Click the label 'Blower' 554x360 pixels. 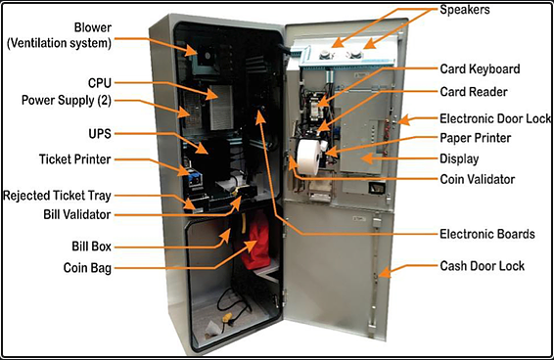[93, 27]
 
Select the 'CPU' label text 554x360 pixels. [100, 83]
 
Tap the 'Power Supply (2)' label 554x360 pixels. [67, 101]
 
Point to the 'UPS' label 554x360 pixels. [100, 134]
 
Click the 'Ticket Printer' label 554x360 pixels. [75, 159]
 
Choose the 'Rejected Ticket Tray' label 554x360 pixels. [57, 196]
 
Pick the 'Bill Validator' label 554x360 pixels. [77, 214]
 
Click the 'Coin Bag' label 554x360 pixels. [87, 268]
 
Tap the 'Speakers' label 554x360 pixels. [465, 10]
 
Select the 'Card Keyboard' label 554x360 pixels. [480, 69]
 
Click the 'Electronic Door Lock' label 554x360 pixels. [495, 118]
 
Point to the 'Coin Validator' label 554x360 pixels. [478, 179]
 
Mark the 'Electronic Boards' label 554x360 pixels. [487, 234]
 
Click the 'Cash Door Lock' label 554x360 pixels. [482, 266]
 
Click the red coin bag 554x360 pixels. [255, 241]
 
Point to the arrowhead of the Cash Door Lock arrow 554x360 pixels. [385, 274]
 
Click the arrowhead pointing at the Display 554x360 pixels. [367, 158]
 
